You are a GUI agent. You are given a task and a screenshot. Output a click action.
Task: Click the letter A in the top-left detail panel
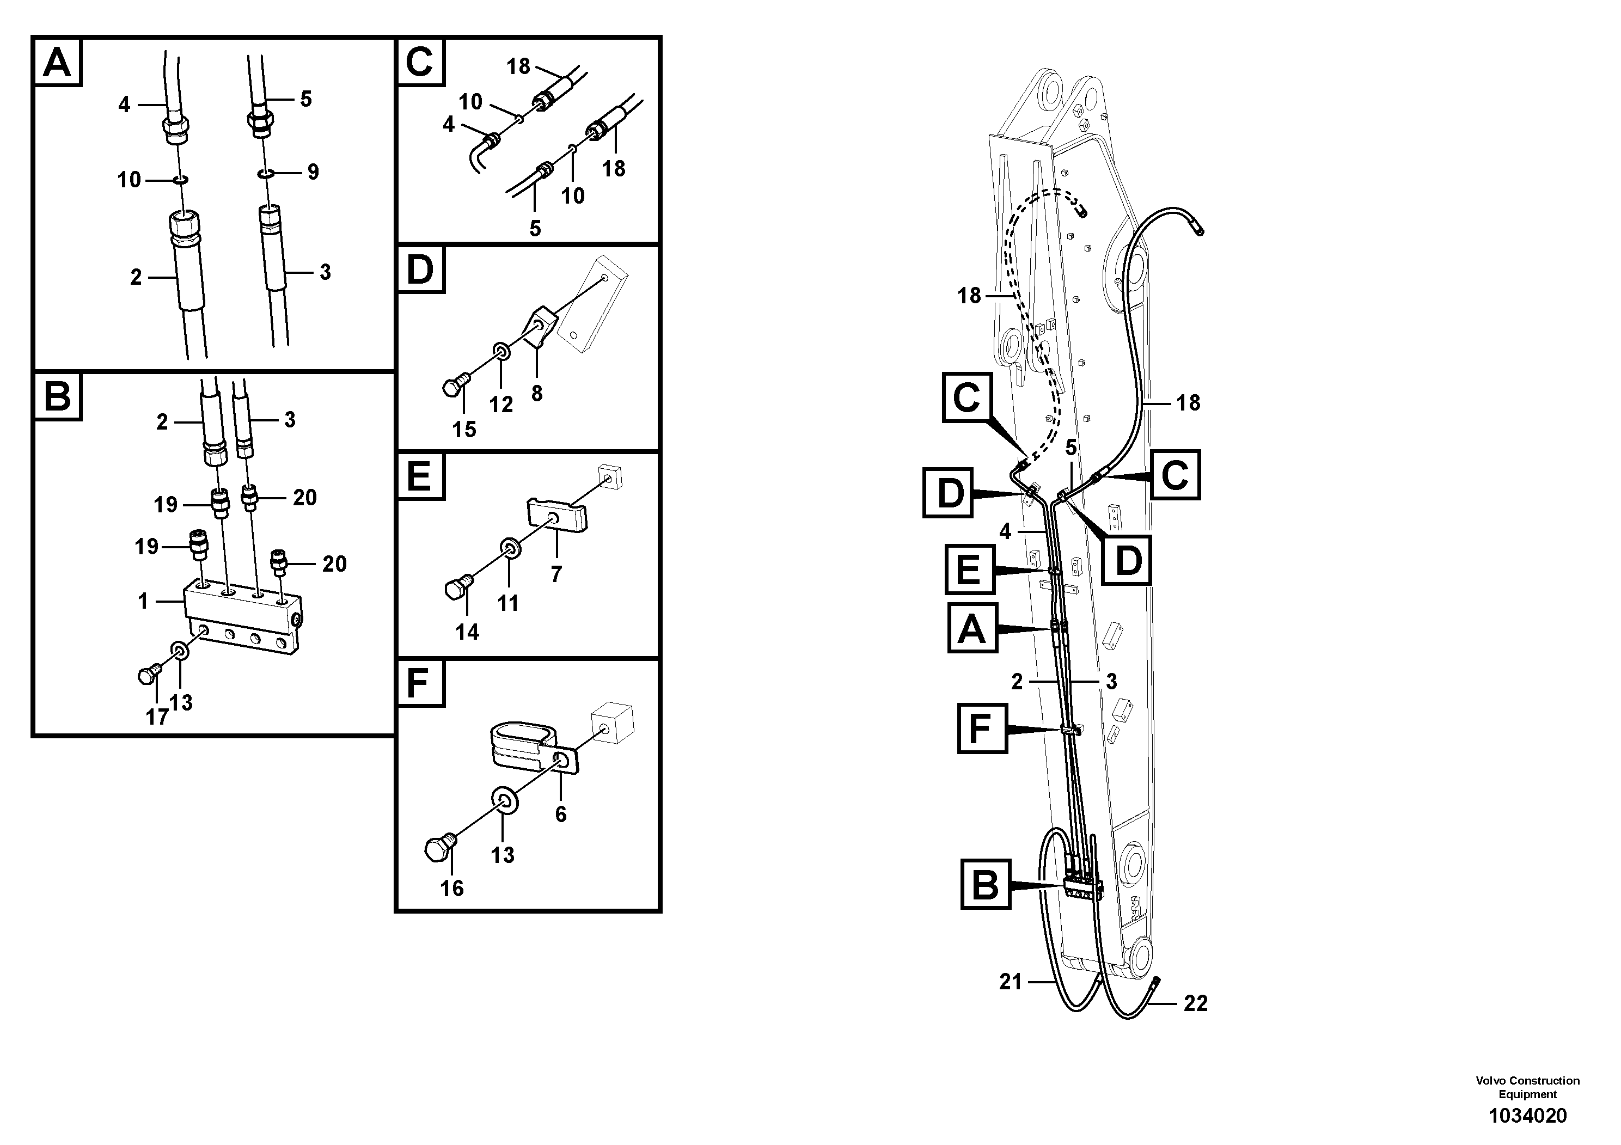point(57,62)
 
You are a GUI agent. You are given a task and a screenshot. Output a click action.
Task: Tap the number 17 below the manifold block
point(157,717)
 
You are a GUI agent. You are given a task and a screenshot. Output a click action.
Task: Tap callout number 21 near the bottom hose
point(1010,982)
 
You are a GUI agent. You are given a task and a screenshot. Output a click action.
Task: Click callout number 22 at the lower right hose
point(1195,1003)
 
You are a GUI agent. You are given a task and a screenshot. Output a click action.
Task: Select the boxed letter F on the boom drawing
point(981,728)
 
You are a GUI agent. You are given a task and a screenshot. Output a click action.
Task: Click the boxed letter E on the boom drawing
point(969,570)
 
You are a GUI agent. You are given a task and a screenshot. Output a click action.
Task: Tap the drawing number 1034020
point(1527,1116)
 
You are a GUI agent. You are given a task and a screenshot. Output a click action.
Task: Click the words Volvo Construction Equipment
point(1527,1088)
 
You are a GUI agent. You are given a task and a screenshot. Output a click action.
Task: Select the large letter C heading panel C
point(420,62)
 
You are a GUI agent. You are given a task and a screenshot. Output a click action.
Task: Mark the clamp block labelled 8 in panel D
point(538,328)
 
